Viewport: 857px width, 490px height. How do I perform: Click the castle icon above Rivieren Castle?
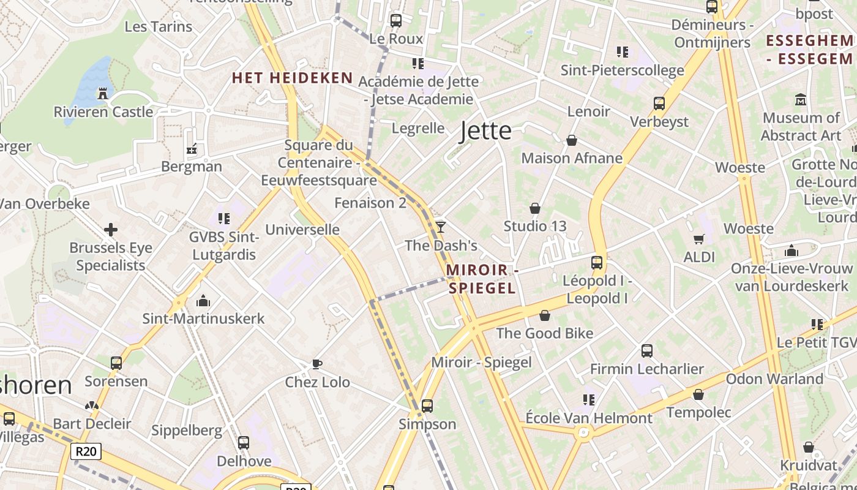(x=103, y=94)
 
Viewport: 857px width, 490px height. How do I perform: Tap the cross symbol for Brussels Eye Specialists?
(x=111, y=230)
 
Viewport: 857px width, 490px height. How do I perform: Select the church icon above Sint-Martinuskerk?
(x=203, y=301)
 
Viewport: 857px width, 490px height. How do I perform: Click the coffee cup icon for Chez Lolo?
(x=317, y=364)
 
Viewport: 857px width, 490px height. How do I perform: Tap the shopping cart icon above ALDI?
(x=698, y=239)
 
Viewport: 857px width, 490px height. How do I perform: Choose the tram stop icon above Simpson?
(x=427, y=405)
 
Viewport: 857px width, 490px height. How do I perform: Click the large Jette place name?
(x=485, y=130)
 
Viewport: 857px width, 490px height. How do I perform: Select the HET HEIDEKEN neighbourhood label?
(x=292, y=78)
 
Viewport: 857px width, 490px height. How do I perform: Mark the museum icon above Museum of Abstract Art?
(x=801, y=99)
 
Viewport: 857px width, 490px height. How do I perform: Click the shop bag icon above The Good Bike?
(x=544, y=315)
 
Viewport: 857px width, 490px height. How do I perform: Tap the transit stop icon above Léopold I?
(x=597, y=263)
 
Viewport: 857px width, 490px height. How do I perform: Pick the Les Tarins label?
(x=158, y=26)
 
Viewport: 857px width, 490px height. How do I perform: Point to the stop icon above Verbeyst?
(x=659, y=104)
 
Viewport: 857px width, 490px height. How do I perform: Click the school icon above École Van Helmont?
(x=589, y=400)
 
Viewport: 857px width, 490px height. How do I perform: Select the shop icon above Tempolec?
(x=698, y=394)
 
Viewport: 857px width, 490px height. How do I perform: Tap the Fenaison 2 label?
(x=370, y=203)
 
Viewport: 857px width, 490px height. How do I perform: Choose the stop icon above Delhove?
(x=244, y=442)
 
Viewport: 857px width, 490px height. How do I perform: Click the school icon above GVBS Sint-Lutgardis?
(x=224, y=218)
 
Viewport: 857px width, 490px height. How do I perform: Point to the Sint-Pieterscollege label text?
(x=623, y=70)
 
